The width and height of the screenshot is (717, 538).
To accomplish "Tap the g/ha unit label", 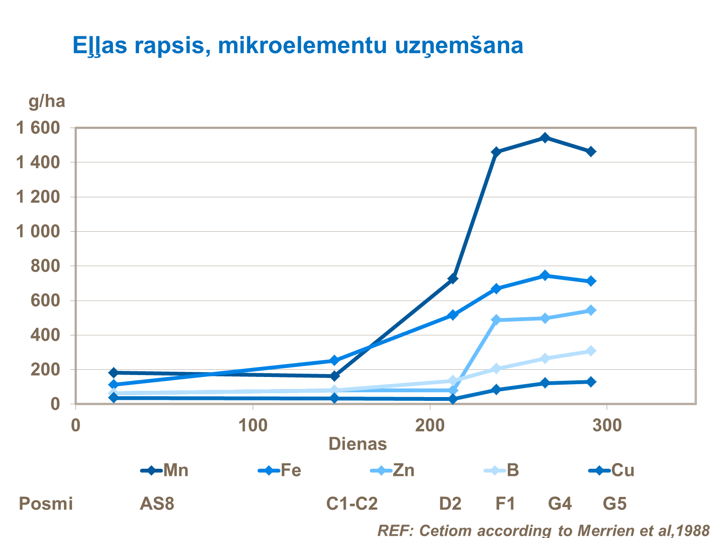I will (46, 101).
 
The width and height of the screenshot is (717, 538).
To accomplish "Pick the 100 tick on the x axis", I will (253, 425).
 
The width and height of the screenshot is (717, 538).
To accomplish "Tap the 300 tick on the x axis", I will (607, 425).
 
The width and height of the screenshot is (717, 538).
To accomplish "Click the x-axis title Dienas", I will (357, 444).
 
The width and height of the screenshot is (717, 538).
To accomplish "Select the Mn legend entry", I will (165, 471).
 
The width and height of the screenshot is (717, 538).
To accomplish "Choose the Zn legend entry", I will (393, 471).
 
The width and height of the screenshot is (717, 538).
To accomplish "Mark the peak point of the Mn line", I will (545, 138).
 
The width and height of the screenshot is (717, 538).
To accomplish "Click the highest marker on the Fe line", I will (545, 276).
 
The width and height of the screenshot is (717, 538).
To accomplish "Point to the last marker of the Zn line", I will (591, 311).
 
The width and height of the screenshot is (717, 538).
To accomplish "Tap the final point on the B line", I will (591, 351).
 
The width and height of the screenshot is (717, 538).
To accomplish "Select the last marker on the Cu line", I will (591, 382).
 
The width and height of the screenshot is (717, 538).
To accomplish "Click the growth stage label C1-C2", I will (352, 504).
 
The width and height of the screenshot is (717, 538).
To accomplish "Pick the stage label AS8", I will (157, 504).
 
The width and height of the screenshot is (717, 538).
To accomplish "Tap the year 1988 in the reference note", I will (692, 530).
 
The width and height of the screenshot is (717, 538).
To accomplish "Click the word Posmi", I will (46, 504).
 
